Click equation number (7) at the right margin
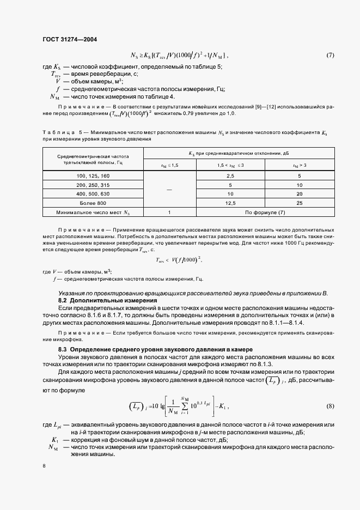click(x=330, y=55)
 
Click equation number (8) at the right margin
click(x=330, y=407)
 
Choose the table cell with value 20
click(x=299, y=193)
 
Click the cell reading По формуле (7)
click(x=264, y=212)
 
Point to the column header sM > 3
click(x=299, y=165)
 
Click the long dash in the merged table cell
click(x=169, y=189)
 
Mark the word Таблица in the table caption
click(x=54, y=132)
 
